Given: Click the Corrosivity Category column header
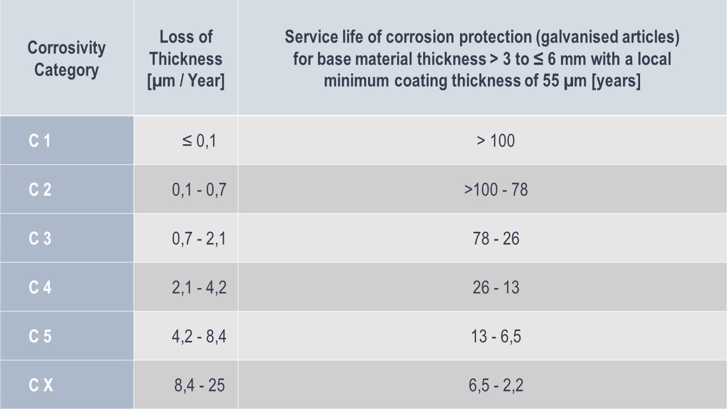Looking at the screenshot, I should pyautogui.click(x=66, y=59).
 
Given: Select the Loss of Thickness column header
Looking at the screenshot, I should pyautogui.click(x=186, y=59).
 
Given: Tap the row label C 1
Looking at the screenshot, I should pyautogui.click(x=40, y=140).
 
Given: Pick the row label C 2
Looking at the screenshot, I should pyautogui.click(x=40, y=189).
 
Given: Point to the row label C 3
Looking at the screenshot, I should pyautogui.click(x=40, y=238).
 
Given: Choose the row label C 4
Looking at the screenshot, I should pyautogui.click(x=40, y=287).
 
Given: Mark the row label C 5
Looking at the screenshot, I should pyautogui.click(x=40, y=336).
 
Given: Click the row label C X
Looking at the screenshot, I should pyautogui.click(x=41, y=385).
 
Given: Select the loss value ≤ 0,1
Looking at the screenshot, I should pyautogui.click(x=199, y=140).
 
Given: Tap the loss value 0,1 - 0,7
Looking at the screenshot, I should pyautogui.click(x=199, y=189).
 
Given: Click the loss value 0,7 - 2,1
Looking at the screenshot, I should pyautogui.click(x=199, y=238).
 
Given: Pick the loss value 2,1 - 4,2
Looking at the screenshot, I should pyautogui.click(x=199, y=287).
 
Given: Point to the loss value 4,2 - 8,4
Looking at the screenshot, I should pyautogui.click(x=199, y=336).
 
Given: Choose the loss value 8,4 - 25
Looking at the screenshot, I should pyautogui.click(x=199, y=385).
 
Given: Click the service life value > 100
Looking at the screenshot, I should pyautogui.click(x=495, y=140).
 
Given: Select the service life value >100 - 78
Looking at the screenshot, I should pyautogui.click(x=495, y=189).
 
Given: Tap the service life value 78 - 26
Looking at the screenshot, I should pyautogui.click(x=495, y=238).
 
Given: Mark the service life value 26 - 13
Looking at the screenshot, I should pyautogui.click(x=495, y=287).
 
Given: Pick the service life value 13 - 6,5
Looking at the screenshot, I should pyautogui.click(x=495, y=336).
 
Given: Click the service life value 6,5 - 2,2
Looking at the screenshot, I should pyautogui.click(x=495, y=385).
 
